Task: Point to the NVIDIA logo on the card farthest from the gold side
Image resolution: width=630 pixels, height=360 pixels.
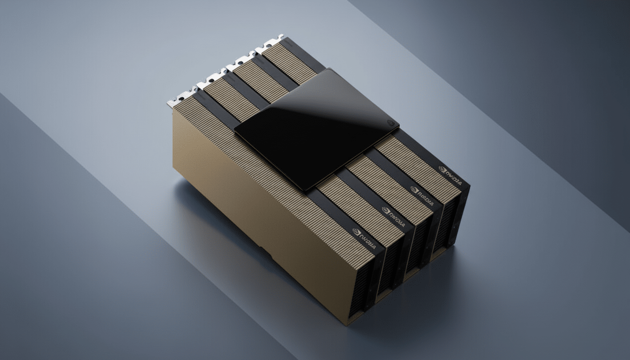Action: tap(450, 170)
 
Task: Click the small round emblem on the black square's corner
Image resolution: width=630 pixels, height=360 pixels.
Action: tap(390, 123)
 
